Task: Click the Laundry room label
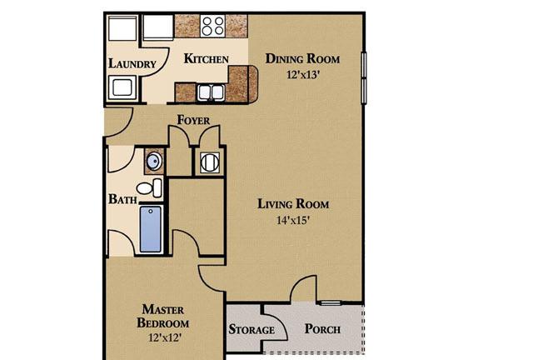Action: point(132,63)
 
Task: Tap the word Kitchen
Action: point(206,58)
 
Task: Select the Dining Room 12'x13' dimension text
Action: point(302,74)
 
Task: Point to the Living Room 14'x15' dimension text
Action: point(292,221)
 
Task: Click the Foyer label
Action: point(193,120)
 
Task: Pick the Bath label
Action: point(122,199)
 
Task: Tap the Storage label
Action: point(252,329)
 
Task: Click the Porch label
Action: point(322,328)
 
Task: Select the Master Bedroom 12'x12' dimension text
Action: point(165,337)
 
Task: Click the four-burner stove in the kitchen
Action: point(212,26)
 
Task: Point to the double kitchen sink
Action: point(211,92)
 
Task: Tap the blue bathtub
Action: point(151,229)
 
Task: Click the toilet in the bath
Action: point(149,187)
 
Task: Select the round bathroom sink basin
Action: point(154,162)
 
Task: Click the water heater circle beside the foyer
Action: point(210,162)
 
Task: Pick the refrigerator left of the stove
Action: point(158,27)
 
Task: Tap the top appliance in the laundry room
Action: point(122,28)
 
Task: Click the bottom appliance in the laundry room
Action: point(122,87)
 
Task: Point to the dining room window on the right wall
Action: point(364,77)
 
